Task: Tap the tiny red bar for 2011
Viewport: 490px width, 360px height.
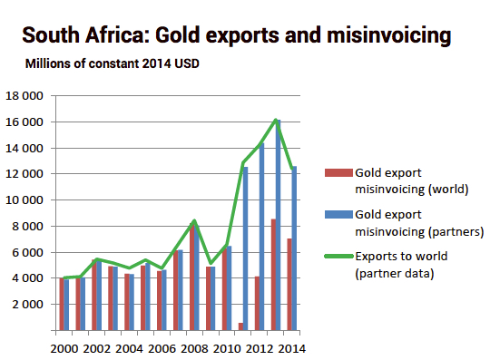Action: point(240,326)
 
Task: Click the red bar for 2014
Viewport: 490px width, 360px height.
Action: point(289,285)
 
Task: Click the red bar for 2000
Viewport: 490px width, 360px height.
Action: point(61,304)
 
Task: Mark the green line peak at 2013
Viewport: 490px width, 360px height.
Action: point(276,120)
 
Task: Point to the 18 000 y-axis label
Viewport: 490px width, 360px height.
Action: point(26,95)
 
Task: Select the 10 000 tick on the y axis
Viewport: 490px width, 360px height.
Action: point(26,200)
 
